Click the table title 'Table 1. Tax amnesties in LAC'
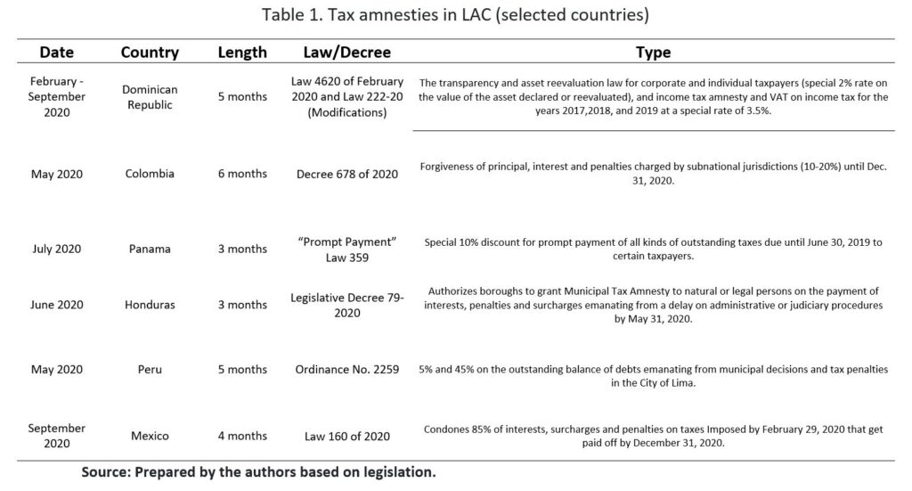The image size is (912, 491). coord(456,15)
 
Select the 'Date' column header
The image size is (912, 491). coord(57,53)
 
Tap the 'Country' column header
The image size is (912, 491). coord(150,53)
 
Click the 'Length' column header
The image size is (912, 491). coord(242,53)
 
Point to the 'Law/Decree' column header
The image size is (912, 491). coord(346,53)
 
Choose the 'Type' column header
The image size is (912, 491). coord(654,53)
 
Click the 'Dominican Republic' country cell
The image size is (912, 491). coord(150,97)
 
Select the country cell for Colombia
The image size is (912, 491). coord(150,175)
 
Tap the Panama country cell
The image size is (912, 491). coord(150,249)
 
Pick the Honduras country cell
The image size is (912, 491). coord(150,305)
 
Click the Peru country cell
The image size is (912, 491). coord(150,370)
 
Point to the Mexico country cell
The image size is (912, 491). coord(150,436)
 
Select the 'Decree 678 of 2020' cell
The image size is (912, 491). coord(346,175)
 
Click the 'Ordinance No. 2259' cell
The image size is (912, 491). coord(346,370)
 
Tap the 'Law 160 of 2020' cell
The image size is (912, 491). coord(346,436)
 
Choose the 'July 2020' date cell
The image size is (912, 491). coord(57,249)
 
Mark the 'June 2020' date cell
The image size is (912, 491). coord(57,305)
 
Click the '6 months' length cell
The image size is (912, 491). coord(242,175)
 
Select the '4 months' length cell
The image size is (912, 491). coord(242,436)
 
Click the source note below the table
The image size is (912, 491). coord(258,471)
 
